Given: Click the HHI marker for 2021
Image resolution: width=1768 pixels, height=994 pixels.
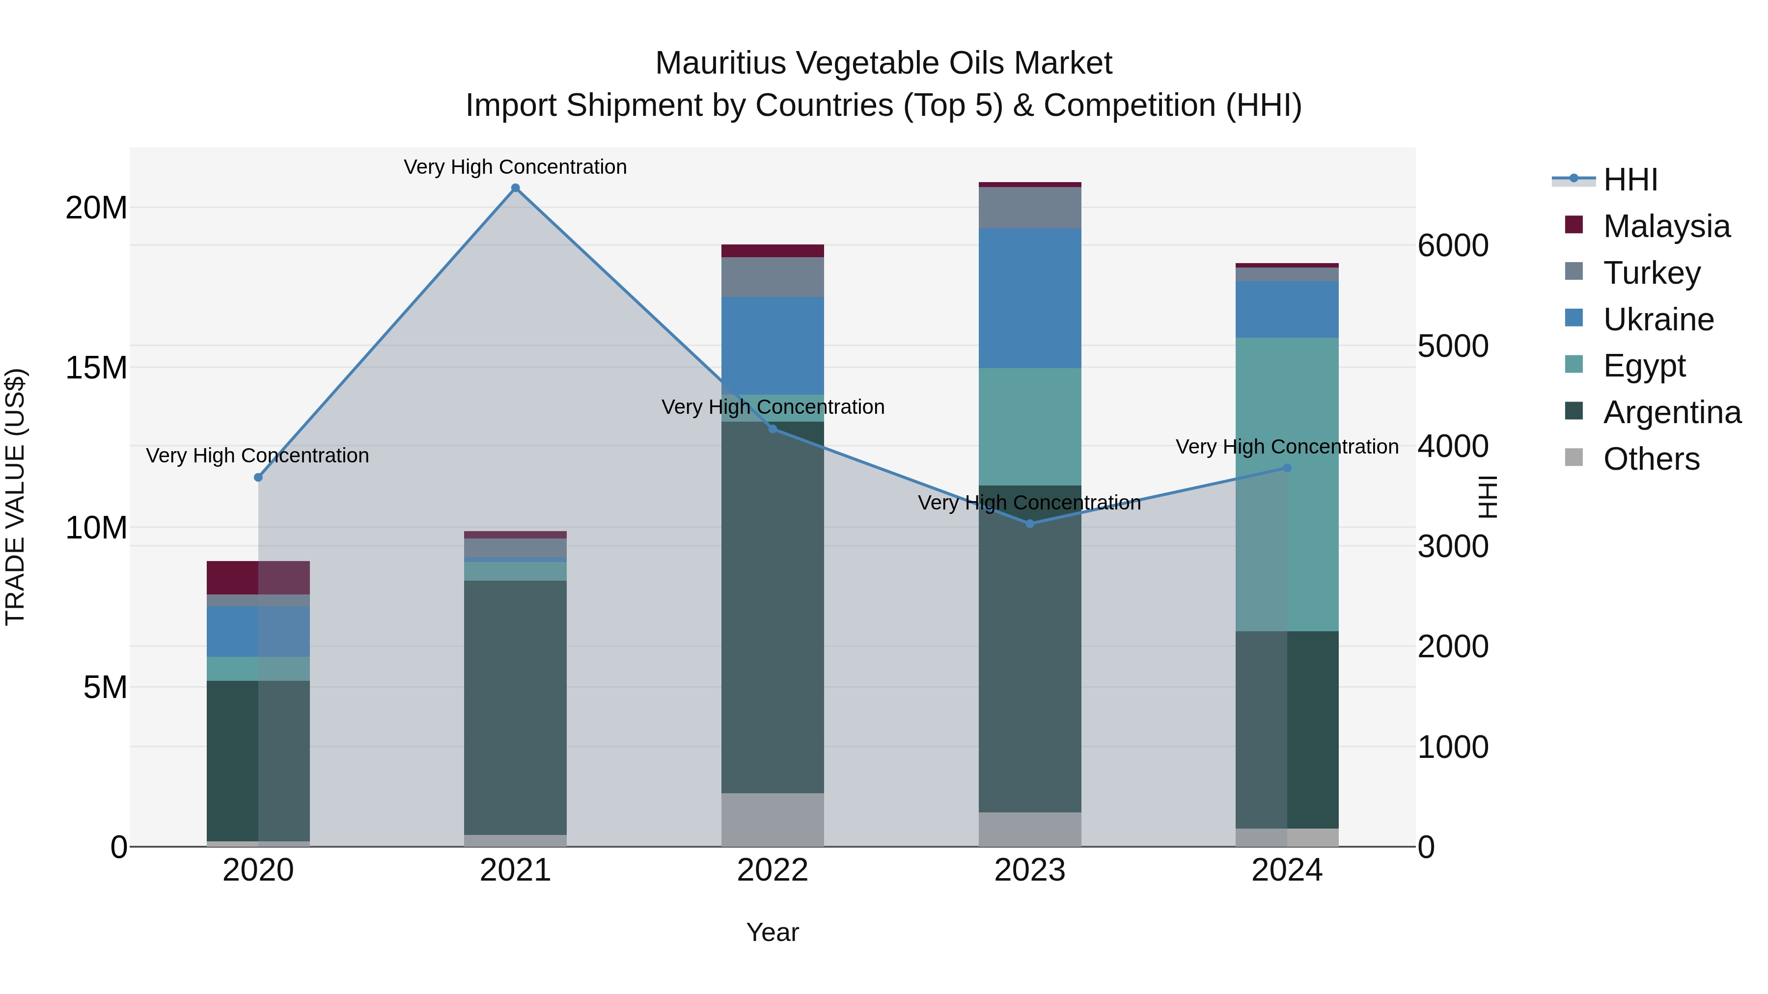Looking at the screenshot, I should tap(516, 188).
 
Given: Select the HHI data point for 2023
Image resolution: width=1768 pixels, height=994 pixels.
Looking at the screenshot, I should tap(1029, 523).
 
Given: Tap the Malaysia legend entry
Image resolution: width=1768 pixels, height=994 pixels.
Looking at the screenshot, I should tap(1666, 226).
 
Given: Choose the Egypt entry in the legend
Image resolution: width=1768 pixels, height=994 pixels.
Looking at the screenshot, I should tap(1644, 366).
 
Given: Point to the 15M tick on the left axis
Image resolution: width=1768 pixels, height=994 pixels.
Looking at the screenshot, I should tap(96, 368).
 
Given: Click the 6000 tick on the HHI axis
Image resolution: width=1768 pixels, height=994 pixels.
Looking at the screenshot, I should tap(1453, 245).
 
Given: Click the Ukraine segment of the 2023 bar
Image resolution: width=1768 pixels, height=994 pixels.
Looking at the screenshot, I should tap(1029, 298).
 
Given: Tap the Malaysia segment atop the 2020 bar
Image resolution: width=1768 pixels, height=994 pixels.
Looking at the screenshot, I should tap(258, 578).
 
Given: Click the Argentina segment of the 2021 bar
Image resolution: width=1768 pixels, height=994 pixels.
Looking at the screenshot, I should tap(516, 706).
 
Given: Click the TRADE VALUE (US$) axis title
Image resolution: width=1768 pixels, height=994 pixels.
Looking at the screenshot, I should tap(15, 497).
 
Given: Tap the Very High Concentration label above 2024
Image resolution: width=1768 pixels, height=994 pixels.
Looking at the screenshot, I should tap(1287, 447).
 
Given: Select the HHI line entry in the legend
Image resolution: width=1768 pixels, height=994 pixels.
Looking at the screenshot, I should tap(1606, 180).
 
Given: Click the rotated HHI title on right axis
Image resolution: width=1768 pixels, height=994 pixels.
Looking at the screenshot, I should tap(1487, 497).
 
